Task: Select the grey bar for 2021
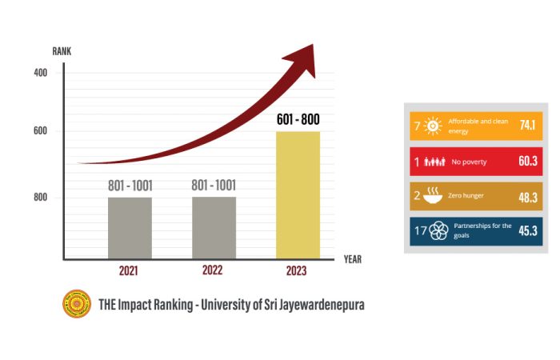[130, 227]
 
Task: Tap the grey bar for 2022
[214, 227]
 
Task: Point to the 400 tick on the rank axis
[40, 73]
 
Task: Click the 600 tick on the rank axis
[40, 131]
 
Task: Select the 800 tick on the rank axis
[40, 197]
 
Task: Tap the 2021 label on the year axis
[129, 271]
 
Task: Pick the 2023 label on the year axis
[297, 271]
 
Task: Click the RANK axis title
[62, 50]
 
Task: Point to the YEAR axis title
[353, 259]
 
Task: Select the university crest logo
[77, 304]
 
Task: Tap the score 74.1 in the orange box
[526, 126]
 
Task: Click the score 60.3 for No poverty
[526, 162]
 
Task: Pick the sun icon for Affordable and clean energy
[433, 126]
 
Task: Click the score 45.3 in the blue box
[526, 231]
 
